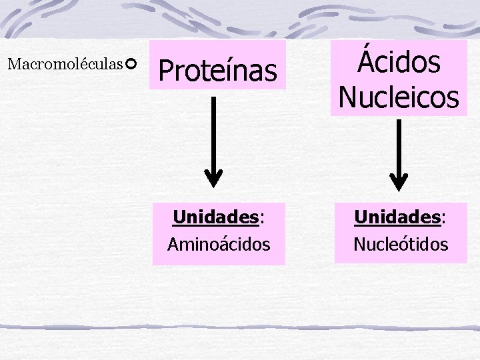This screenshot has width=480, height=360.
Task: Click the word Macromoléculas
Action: pyautogui.click(x=65, y=65)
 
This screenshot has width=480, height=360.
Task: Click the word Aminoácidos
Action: pyautogui.click(x=219, y=245)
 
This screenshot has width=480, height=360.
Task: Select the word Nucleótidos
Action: pyautogui.click(x=401, y=245)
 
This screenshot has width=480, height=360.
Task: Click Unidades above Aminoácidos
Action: pyautogui.click(x=215, y=217)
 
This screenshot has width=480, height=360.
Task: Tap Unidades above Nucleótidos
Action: pyautogui.click(x=397, y=217)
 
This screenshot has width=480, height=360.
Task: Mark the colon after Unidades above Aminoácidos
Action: pyautogui.click(x=261, y=219)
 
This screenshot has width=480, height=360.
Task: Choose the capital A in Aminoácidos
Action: pyautogui.click(x=173, y=245)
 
